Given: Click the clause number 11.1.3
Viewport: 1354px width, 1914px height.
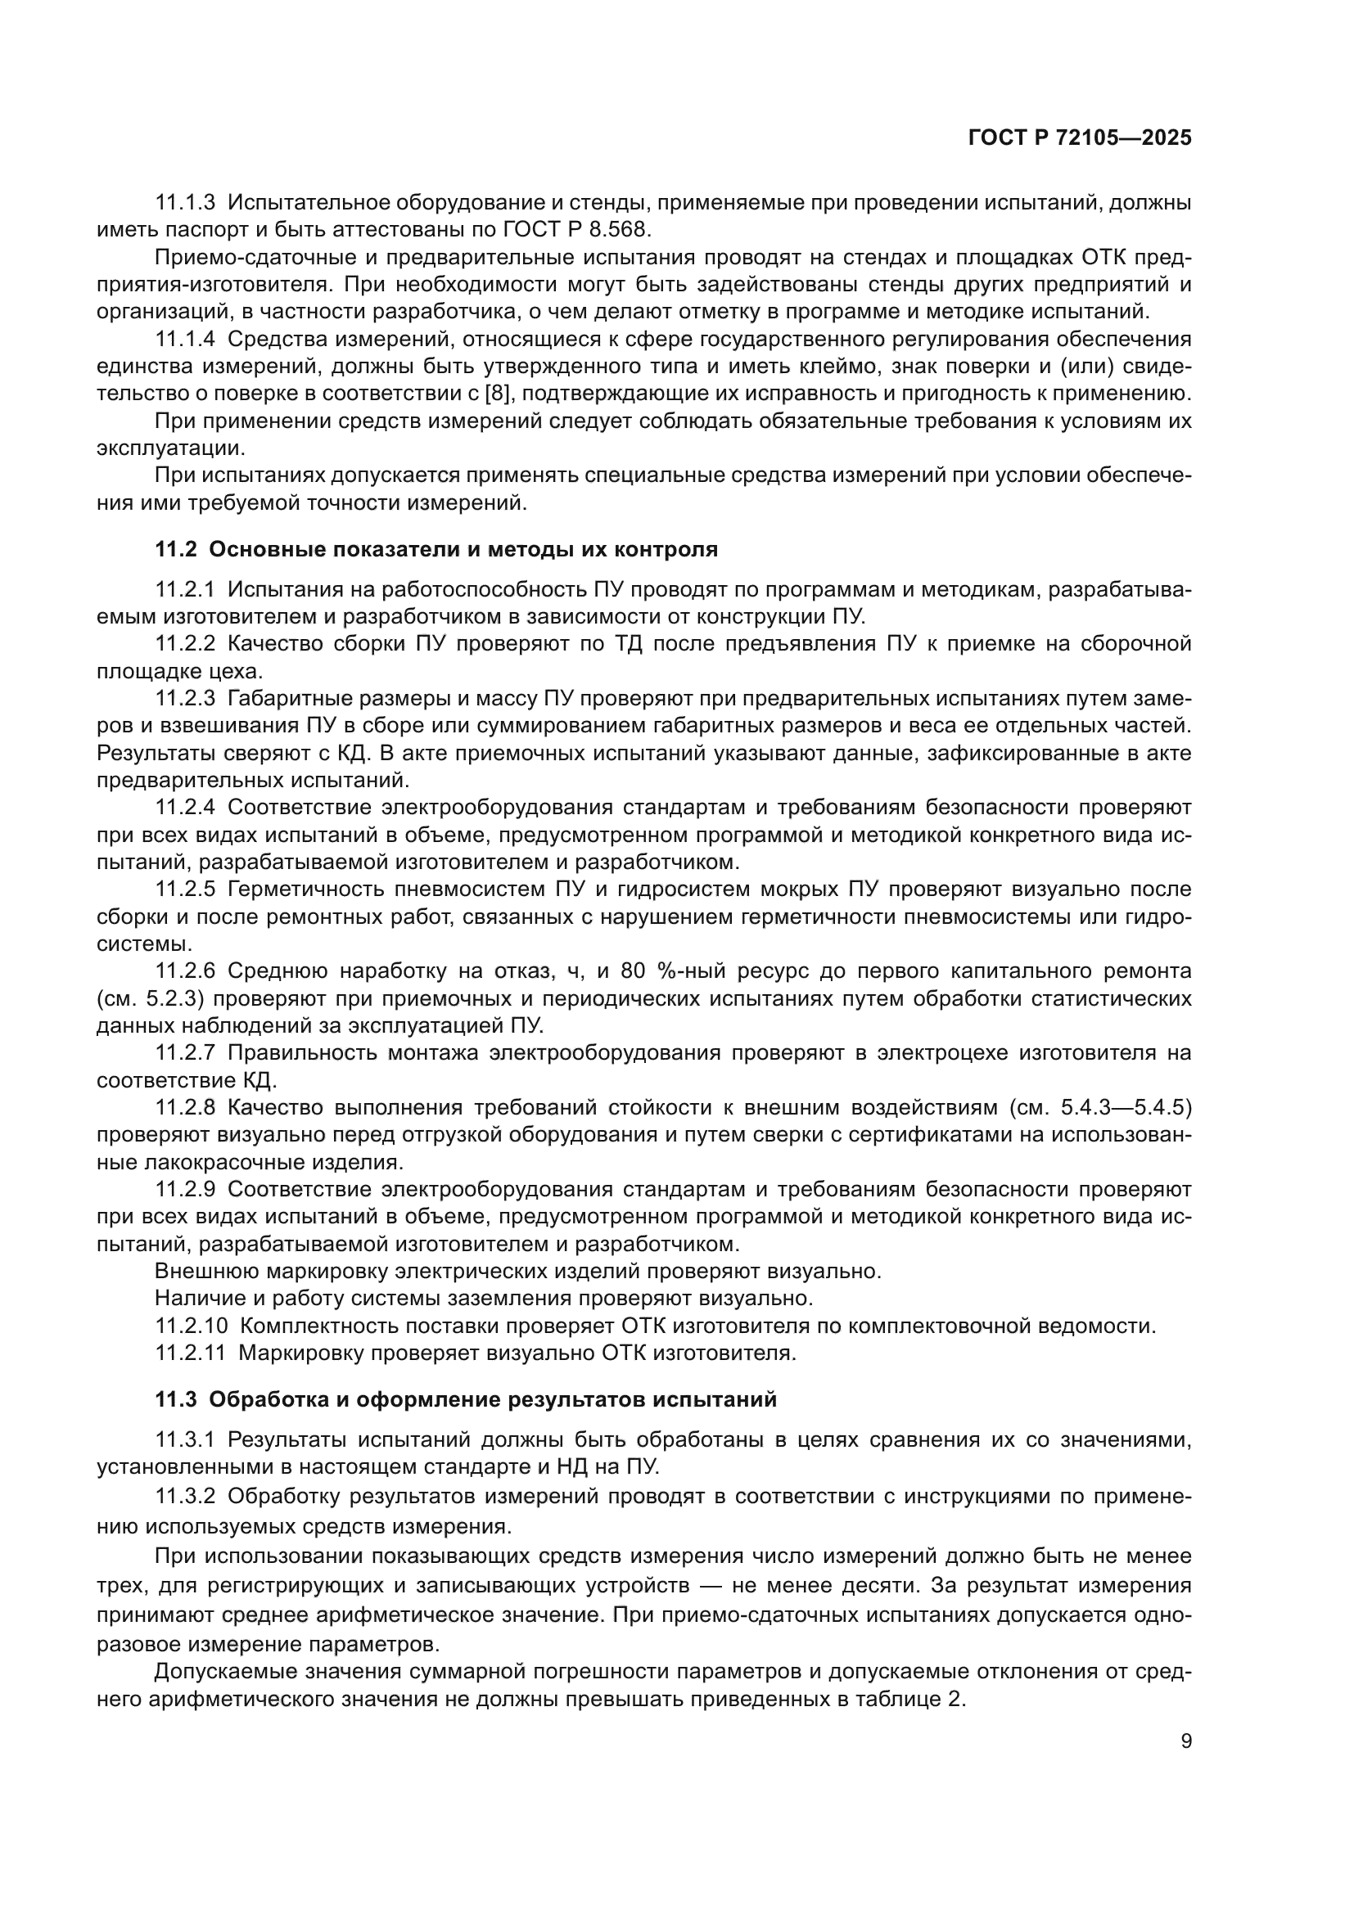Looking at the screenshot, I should (x=185, y=202).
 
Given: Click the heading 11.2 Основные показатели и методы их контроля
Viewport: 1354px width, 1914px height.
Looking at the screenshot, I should (x=436, y=549).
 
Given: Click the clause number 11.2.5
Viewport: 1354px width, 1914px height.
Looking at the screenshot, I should (x=185, y=889).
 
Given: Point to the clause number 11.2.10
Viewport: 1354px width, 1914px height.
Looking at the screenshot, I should (x=191, y=1326).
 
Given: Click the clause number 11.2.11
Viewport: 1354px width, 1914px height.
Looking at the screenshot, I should (x=190, y=1353).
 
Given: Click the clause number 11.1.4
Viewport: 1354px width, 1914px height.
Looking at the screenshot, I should (x=185, y=339).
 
